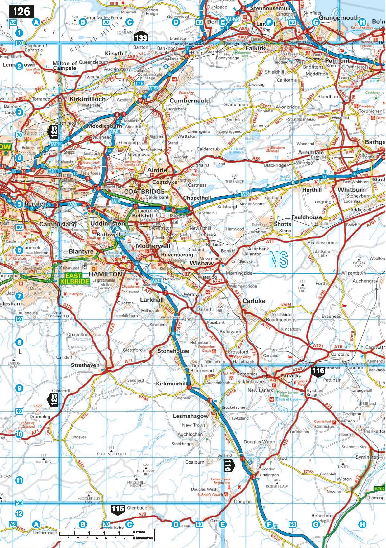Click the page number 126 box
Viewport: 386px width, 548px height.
[21, 12]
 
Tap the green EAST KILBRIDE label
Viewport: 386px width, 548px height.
[74, 278]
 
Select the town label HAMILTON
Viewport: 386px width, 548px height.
[105, 274]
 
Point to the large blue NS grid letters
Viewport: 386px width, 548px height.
[279, 260]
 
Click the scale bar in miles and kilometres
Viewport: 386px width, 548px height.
[106, 535]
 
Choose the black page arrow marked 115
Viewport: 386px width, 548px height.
[118, 510]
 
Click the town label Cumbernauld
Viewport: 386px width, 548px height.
[190, 101]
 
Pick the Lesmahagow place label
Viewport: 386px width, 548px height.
[191, 416]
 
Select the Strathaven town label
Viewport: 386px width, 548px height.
[85, 365]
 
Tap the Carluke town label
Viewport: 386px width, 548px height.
[254, 301]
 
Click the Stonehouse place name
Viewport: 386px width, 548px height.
[173, 351]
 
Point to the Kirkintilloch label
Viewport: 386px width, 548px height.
[87, 99]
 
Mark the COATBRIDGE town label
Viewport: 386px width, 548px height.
[144, 191]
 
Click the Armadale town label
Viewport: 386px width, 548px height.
[311, 152]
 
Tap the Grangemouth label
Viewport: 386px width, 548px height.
[339, 18]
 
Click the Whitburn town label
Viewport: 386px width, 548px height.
[351, 190]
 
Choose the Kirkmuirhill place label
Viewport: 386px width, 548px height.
[171, 384]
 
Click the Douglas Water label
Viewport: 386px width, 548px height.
[259, 442]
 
